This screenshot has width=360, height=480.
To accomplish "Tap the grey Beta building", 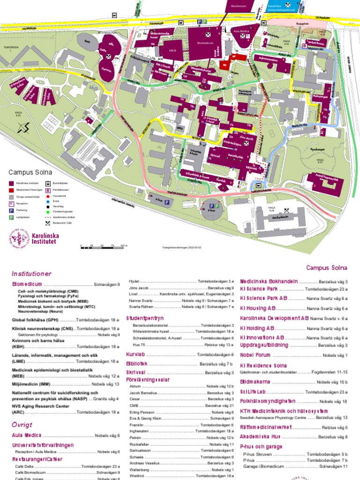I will tap(87, 41).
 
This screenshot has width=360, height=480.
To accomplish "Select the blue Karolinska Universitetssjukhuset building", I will tap(281, 7).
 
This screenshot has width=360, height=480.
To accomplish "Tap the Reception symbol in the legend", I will tap(11, 204).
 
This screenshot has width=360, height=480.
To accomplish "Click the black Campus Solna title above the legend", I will tap(29, 172).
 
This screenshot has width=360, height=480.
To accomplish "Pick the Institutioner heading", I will tap(31, 273).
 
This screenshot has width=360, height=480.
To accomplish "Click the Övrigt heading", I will tap(22, 424).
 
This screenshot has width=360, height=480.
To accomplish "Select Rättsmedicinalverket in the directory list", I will tap(266, 427).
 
